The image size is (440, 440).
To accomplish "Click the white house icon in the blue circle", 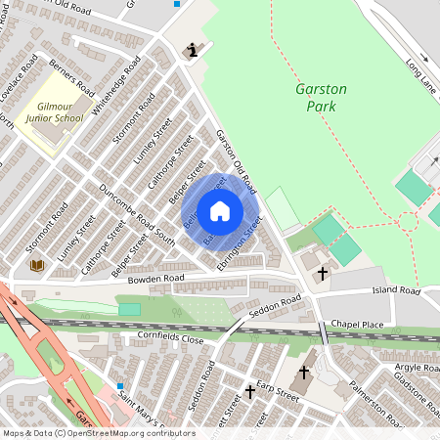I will tap(220, 210).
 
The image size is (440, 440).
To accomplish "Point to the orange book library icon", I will tap(37, 265).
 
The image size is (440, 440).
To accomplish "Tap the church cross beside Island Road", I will tap(323, 275).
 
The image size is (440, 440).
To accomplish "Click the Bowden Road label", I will tap(155, 279).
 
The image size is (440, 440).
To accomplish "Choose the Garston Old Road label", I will tap(235, 161).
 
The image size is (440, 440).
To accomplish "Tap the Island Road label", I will tap(395, 291).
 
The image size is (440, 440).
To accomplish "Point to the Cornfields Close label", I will tap(170, 339).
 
